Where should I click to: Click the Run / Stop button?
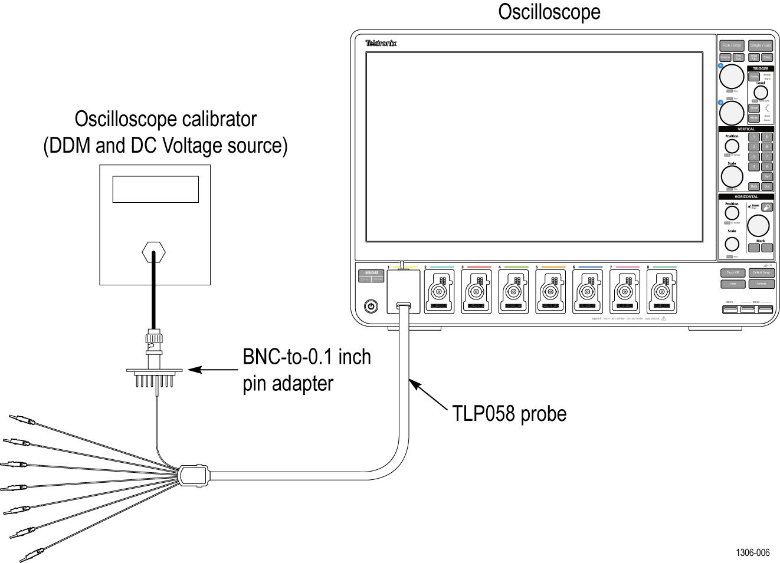[x=732, y=45]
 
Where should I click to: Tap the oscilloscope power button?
[x=371, y=306]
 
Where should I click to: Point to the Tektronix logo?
[x=381, y=44]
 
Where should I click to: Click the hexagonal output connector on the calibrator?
[x=154, y=253]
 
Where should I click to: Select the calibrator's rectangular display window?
[x=155, y=189]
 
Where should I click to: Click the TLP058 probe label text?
[x=509, y=414]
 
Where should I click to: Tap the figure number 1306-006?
[x=752, y=552]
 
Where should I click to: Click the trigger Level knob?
[x=761, y=93]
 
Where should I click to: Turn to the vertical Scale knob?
[x=732, y=176]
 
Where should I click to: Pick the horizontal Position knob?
[x=732, y=213]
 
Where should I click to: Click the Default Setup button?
[x=761, y=273]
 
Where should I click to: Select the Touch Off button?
[x=732, y=273]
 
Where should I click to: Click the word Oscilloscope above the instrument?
[x=549, y=11]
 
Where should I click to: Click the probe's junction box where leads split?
[x=194, y=473]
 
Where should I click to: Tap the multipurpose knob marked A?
[x=732, y=76]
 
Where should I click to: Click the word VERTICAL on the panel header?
[x=746, y=129]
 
